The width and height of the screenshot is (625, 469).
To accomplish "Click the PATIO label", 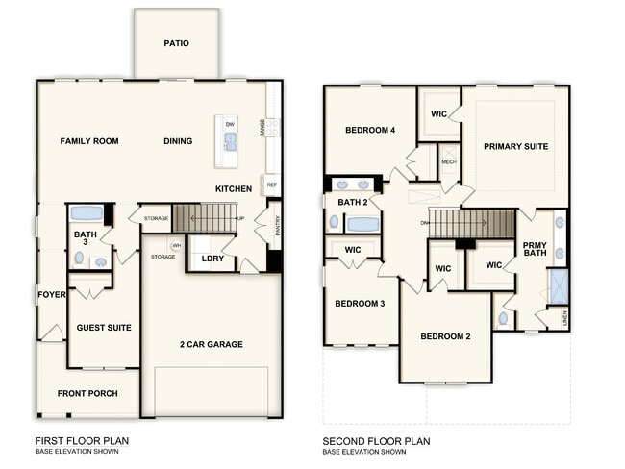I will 176,43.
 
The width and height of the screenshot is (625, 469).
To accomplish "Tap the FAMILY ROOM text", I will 89,141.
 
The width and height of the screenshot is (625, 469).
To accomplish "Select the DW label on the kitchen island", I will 230,125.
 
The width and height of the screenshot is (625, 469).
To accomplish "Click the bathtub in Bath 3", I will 87,213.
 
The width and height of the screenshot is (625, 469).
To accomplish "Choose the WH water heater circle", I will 177,245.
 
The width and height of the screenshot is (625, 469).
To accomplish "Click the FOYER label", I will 50,294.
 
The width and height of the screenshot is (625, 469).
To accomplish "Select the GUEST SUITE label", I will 104,328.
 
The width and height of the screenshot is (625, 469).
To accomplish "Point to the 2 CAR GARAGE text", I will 211,344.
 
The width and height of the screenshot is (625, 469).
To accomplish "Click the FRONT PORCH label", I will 87,393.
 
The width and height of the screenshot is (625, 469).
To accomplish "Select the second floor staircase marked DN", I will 471,224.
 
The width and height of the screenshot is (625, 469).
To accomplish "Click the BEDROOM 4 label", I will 370,130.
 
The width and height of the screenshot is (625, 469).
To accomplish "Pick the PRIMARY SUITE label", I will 516,147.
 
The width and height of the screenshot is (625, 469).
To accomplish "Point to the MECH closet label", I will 448,162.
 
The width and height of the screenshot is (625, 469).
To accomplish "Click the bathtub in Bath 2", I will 362,224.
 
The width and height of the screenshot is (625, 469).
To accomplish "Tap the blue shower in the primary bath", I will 558,286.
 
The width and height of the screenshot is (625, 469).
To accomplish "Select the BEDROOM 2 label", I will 445,336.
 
